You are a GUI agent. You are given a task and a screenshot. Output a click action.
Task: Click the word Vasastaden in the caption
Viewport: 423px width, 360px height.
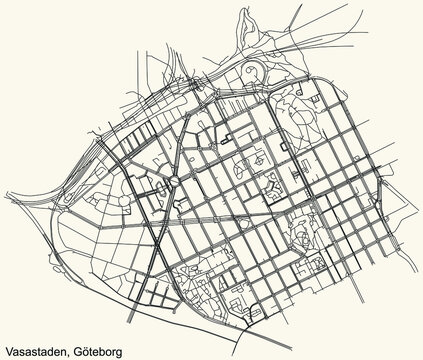point(33,351)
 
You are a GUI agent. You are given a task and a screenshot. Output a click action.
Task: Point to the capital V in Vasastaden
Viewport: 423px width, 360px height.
point(8,351)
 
